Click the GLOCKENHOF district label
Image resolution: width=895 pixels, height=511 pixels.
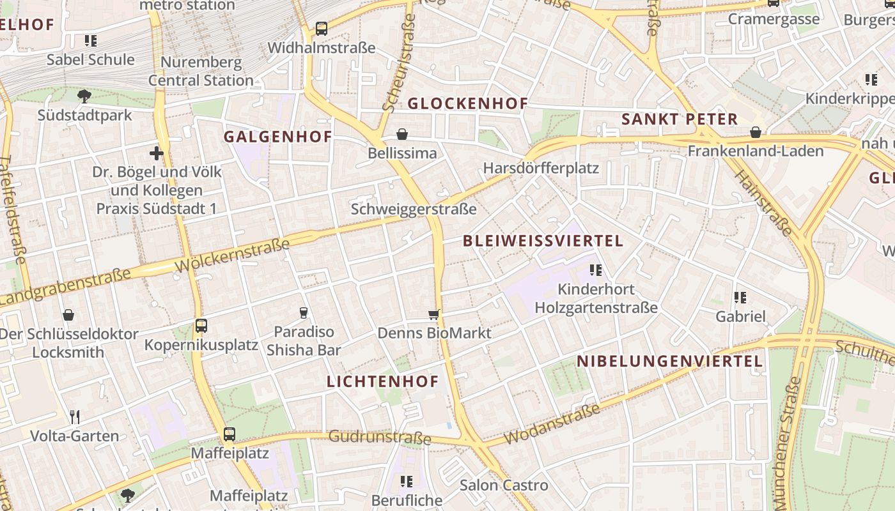[467, 103]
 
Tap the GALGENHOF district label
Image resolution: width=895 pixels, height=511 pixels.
[277, 137]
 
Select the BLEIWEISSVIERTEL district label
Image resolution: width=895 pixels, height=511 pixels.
[542, 241]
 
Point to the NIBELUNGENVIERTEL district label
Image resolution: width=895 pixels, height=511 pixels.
[669, 362]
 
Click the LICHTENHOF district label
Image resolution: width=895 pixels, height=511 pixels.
[382, 382]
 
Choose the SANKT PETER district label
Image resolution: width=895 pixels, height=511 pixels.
[680, 119]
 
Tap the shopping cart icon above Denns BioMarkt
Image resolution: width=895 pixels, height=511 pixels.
[434, 314]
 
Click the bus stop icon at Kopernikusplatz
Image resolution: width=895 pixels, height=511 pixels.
[201, 326]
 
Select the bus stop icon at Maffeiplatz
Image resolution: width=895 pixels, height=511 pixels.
[230, 434]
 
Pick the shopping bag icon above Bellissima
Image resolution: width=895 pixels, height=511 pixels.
[402, 134]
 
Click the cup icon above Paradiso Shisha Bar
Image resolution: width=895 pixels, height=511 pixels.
[304, 312]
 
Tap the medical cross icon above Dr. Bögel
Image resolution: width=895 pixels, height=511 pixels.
[157, 153]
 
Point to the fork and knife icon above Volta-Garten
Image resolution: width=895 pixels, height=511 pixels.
[75, 417]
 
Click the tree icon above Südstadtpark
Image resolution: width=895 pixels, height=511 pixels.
[84, 96]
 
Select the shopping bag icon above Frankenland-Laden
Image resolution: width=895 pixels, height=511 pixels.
[756, 132]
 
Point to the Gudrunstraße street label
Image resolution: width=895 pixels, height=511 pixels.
[380, 438]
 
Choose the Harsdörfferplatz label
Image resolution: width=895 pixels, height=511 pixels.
[541, 168]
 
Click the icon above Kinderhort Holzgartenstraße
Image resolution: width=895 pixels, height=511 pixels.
[596, 270]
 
